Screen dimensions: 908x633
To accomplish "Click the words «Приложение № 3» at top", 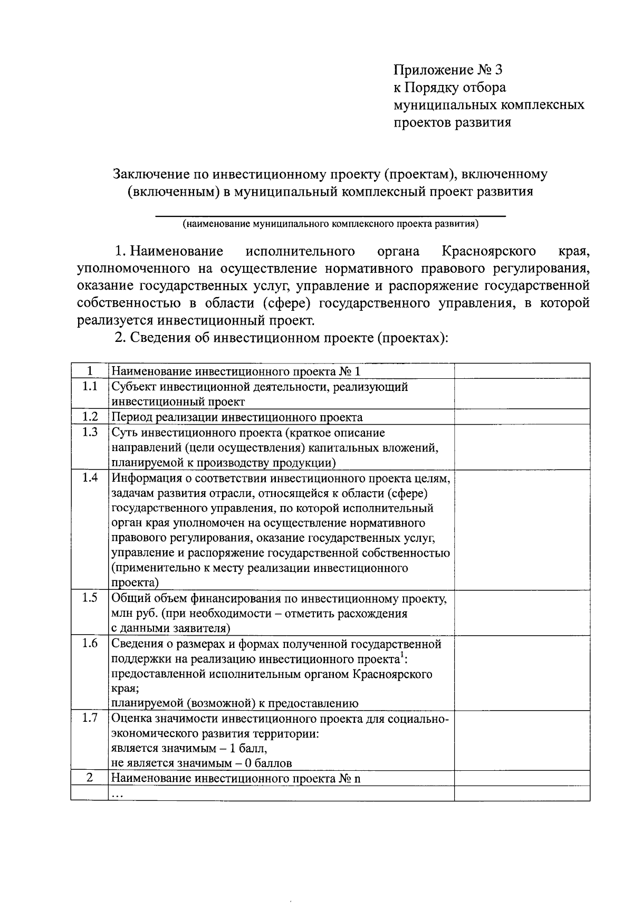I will pos(448,70).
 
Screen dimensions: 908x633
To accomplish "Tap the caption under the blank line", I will pos(330,224).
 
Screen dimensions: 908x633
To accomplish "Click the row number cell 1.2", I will pos(90,417).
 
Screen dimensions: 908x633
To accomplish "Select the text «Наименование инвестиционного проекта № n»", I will pos(236,779).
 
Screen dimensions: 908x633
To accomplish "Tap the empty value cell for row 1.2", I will pos(522,417).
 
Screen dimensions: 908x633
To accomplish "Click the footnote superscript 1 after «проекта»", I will pos(401,656).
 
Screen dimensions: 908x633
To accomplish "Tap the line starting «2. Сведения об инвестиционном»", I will pos(281,337).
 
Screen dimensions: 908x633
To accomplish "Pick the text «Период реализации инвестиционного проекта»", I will pos(237,417).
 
